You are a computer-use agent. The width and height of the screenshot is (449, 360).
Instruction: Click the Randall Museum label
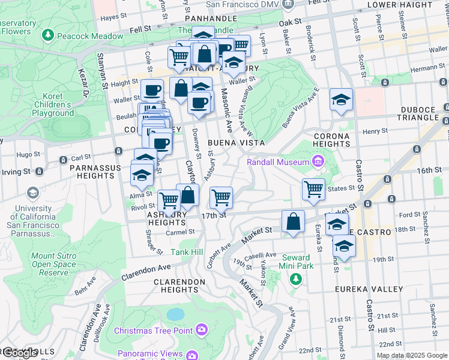click(277, 161)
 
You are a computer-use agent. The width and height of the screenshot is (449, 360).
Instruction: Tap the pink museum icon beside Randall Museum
click(317, 161)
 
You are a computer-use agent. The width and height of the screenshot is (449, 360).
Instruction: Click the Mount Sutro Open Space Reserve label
click(53, 264)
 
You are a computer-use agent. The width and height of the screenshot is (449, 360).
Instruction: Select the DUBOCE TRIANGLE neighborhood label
click(421, 118)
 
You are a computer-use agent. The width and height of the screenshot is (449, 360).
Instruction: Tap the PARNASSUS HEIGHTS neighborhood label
click(91, 172)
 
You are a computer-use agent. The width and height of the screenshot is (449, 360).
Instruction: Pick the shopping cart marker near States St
click(313, 188)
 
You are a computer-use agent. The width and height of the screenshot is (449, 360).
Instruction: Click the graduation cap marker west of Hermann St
click(341, 99)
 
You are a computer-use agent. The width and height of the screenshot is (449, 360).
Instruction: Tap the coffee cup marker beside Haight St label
click(152, 90)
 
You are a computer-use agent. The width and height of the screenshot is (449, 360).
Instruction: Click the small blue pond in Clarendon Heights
click(175, 314)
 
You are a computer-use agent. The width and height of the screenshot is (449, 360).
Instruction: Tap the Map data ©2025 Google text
click(411, 355)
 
